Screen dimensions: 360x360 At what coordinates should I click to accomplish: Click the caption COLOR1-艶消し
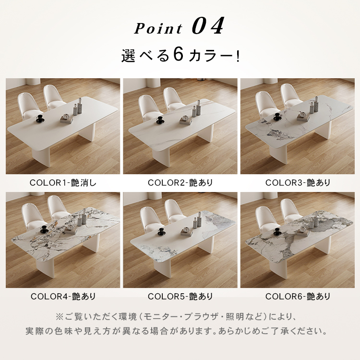63,183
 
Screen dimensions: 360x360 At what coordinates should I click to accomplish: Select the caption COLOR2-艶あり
180,183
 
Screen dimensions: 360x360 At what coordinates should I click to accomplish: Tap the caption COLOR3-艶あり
298,183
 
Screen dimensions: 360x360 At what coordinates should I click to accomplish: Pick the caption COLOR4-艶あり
63,297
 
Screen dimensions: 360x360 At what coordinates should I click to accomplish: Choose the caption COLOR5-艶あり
180,297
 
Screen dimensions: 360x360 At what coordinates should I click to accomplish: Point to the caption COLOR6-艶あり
298,297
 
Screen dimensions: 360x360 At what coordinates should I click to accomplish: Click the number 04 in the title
208,26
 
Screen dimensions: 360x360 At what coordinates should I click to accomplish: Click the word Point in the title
158,28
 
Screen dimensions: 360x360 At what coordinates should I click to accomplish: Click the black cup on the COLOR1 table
40,119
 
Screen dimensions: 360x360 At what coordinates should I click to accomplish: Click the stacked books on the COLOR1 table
67,119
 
